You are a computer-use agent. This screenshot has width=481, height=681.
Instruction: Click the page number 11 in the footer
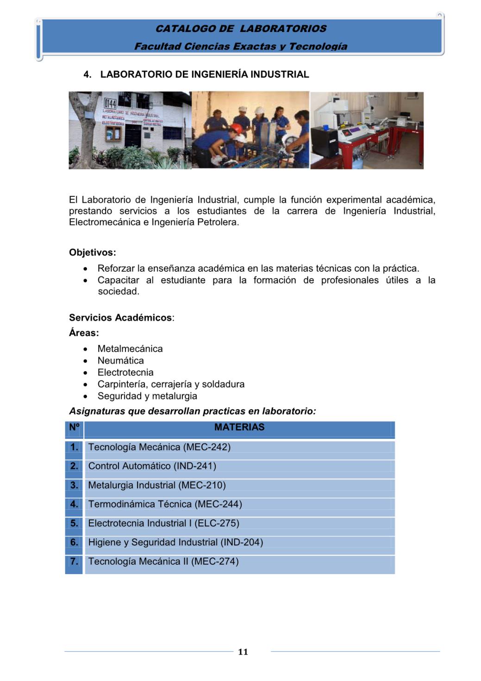243,652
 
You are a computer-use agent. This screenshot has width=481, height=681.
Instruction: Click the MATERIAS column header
239,427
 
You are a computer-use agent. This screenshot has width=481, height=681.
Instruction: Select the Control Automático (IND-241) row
152,466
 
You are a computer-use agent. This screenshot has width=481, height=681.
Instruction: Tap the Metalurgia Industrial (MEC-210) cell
157,485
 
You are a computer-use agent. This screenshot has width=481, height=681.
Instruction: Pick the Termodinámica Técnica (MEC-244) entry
165,504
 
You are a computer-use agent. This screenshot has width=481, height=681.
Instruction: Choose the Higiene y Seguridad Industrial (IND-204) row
175,542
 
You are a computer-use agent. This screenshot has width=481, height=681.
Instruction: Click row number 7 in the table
74,562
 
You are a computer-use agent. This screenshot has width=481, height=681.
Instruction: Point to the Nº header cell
74,427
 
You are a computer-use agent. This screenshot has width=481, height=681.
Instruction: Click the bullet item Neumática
120,361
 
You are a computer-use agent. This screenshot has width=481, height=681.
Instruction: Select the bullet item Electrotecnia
125,373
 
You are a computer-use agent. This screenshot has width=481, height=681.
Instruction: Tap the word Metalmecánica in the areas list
130,349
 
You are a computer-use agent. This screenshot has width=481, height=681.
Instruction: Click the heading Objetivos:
92,253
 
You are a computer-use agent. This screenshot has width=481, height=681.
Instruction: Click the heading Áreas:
84,333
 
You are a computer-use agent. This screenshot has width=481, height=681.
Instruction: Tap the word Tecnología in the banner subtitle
318,46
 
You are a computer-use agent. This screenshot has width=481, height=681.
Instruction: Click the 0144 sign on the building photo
110,103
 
